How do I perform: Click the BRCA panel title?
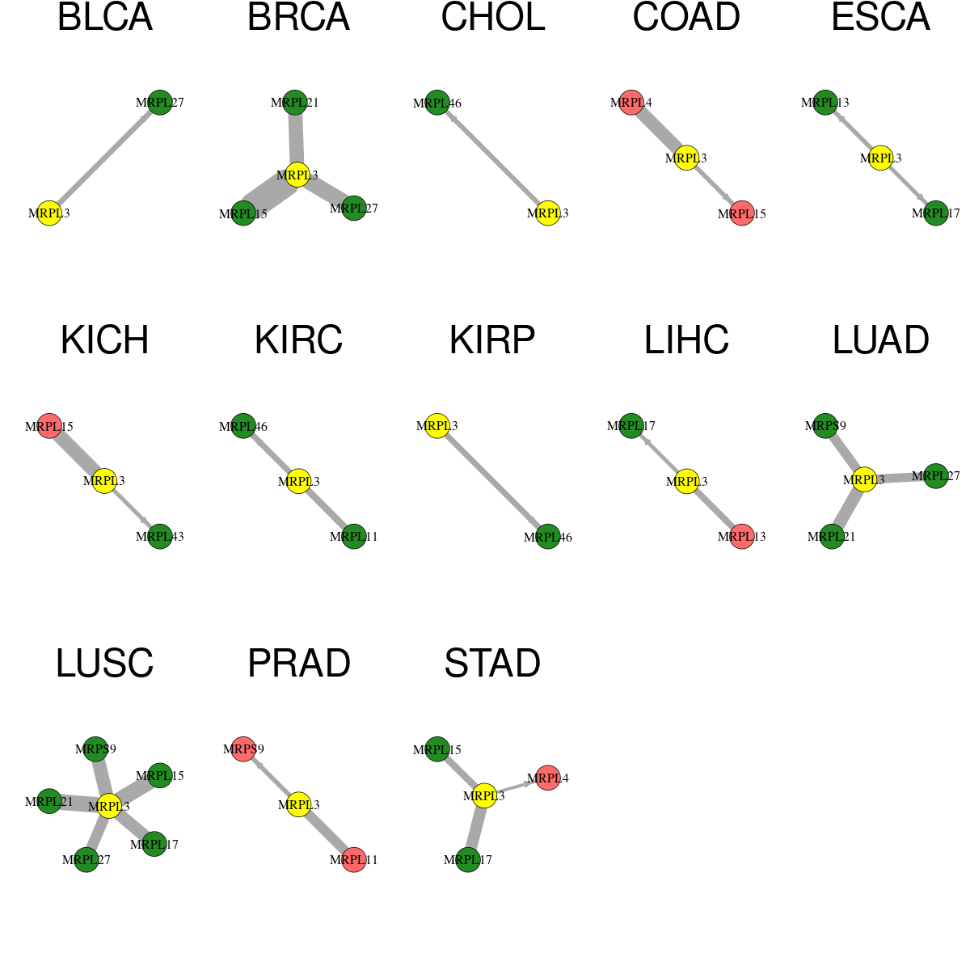298,17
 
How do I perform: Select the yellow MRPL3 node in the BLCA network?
49,213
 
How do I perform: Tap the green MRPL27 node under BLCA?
160,102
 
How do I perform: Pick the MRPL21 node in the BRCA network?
294,102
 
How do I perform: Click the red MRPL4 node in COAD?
631,102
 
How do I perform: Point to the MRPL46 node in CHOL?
437,103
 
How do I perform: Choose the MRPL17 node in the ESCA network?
936,213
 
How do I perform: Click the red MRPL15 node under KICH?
49,426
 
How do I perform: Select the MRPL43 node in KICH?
160,536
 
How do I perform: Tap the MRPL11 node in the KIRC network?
354,536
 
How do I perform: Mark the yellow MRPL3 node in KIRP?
437,425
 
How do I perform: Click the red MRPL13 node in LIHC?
742,536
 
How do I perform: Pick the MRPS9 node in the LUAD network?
825,425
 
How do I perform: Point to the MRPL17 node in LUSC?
154,844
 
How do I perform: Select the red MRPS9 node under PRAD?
243,749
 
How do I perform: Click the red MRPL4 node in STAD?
548,778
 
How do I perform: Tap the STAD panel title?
492,663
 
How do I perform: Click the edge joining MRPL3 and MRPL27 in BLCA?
105,158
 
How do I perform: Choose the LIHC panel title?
686,339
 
